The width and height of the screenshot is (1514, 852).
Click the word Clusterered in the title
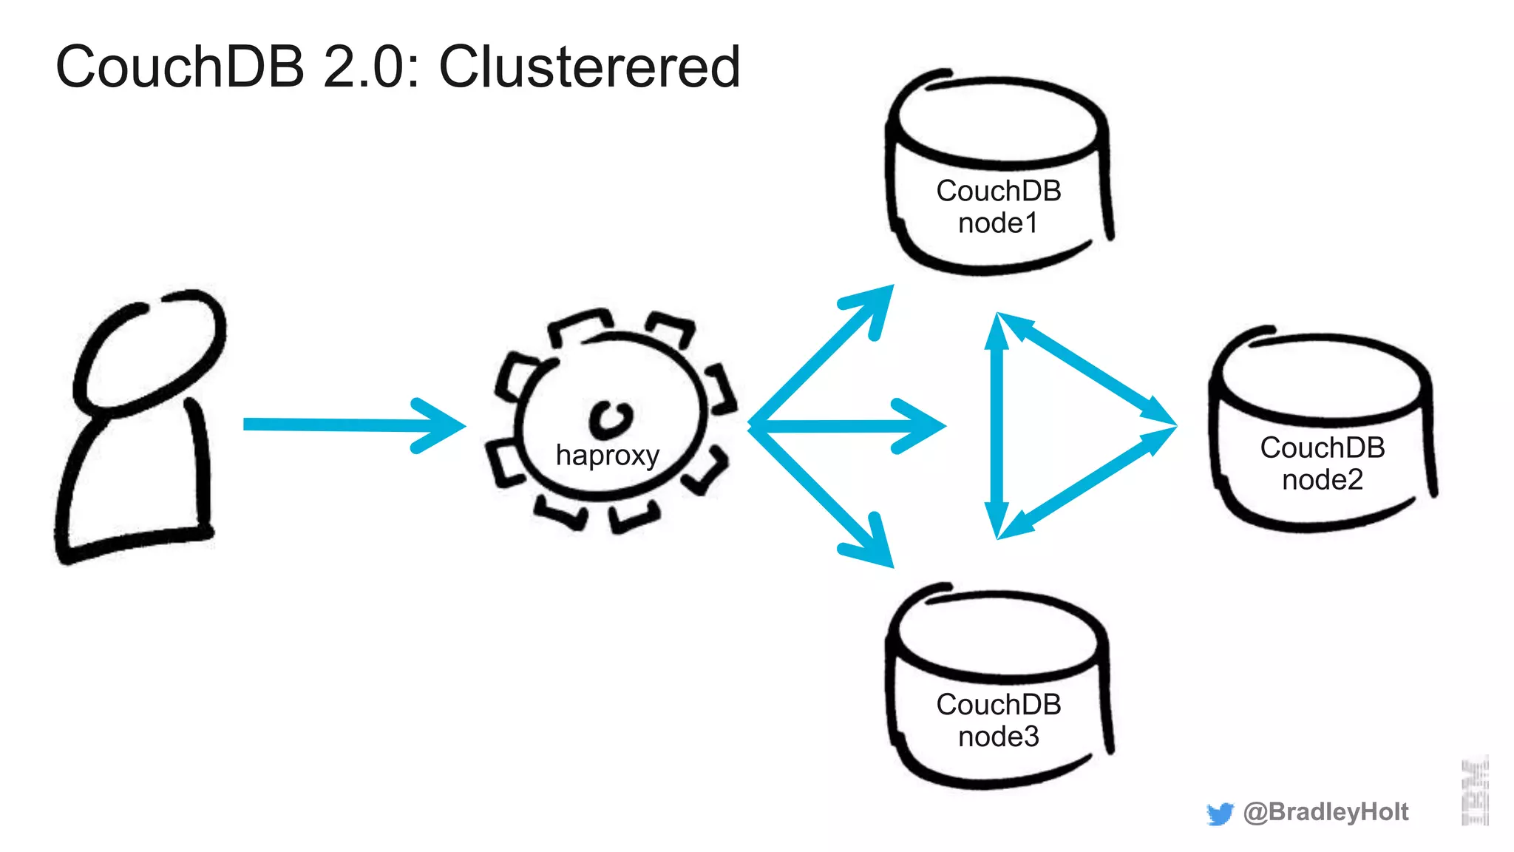589,67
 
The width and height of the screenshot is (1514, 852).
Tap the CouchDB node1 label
998,207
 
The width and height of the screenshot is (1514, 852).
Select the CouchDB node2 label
1322,464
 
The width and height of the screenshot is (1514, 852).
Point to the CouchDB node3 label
998,720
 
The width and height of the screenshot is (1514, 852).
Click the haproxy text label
607,455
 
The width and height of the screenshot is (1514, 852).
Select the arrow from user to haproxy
347,425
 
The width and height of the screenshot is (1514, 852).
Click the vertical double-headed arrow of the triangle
997,426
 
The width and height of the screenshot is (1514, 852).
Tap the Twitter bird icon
1220,814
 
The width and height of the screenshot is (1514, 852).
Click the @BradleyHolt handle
1325,812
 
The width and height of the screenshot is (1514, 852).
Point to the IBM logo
1475,791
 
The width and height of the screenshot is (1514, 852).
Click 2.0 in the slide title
362,67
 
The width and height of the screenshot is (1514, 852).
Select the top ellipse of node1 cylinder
998,122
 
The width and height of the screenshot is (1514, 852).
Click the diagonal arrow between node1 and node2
1087,370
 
